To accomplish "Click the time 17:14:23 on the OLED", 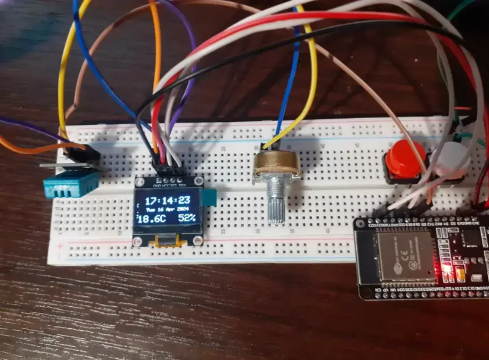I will (x=167, y=200).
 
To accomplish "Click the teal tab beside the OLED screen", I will (x=210, y=197).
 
